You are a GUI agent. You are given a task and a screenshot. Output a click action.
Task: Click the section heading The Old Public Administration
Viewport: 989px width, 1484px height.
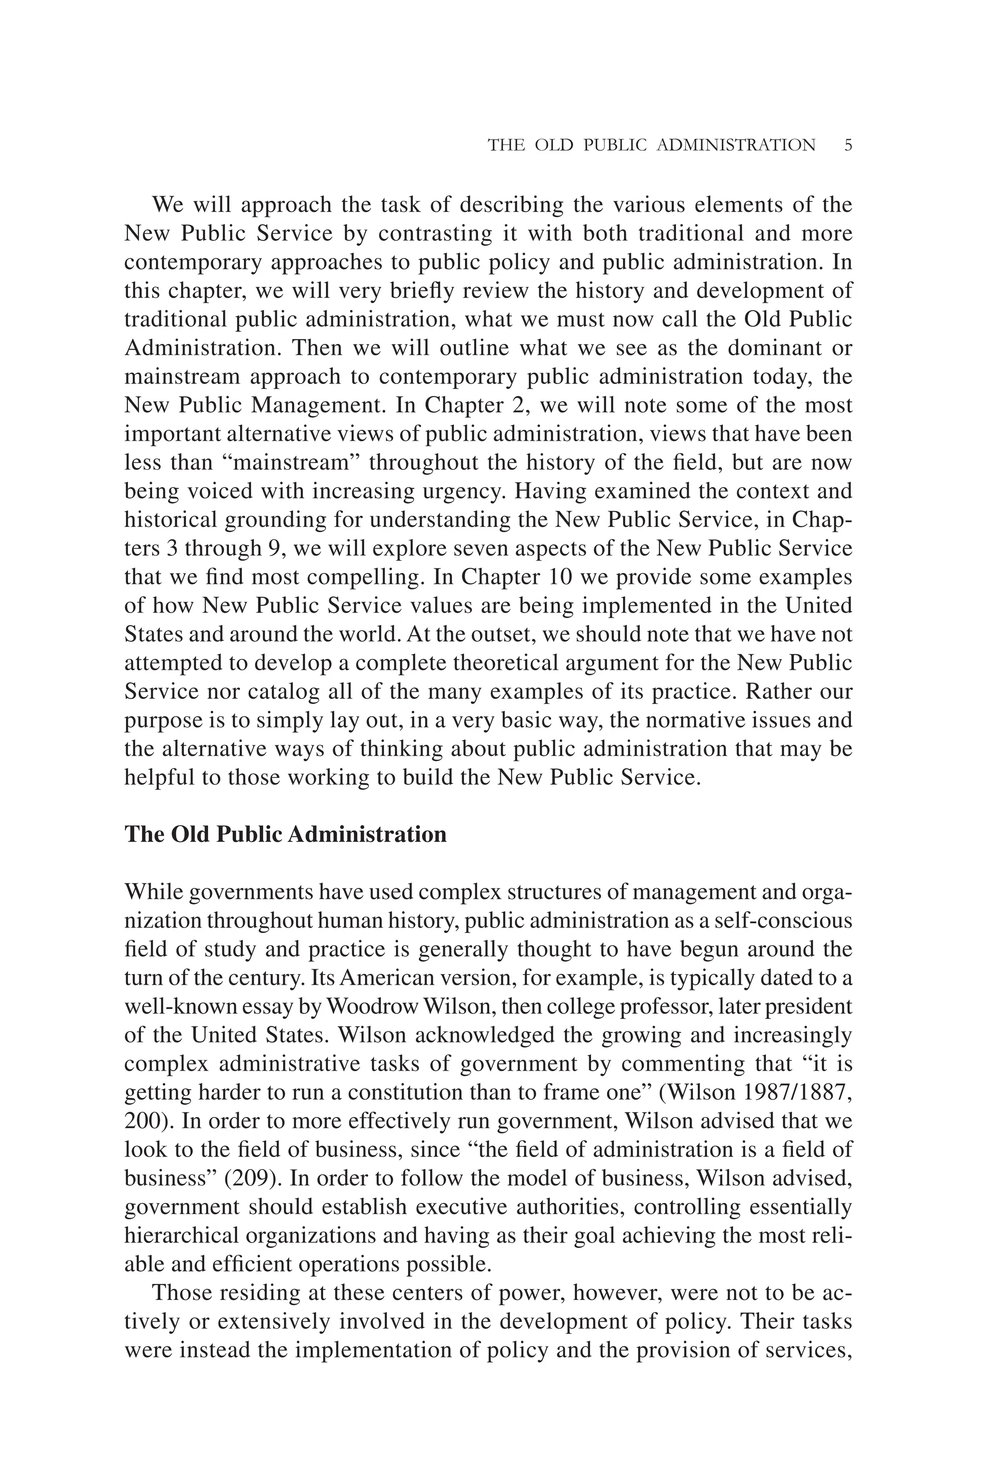point(285,834)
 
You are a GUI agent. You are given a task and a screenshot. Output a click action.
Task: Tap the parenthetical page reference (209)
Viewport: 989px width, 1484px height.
point(252,1178)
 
